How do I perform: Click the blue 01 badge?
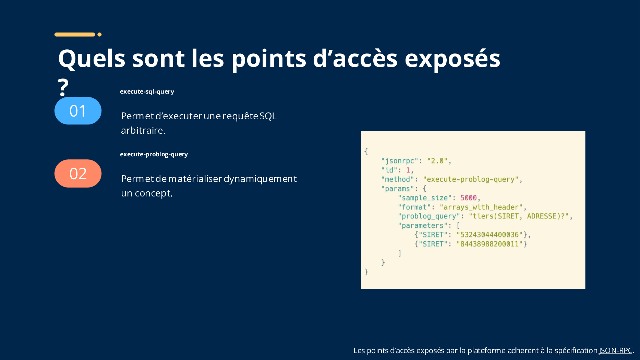[x=78, y=111]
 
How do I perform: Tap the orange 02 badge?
[x=78, y=173]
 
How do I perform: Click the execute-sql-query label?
[x=147, y=92]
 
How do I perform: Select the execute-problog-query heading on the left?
[x=154, y=154]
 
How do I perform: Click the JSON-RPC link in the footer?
[x=616, y=350]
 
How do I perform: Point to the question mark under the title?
[x=63, y=87]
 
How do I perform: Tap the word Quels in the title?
[x=92, y=58]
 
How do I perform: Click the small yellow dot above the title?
[x=99, y=34]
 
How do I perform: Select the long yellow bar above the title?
[x=75, y=34]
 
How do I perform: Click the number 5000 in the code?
[x=468, y=198]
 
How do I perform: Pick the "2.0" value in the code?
[x=437, y=161]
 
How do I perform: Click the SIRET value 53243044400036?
[x=490, y=235]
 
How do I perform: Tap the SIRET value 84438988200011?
[x=490, y=244]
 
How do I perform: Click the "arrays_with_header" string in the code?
[x=481, y=207]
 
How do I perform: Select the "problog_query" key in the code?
[x=429, y=216]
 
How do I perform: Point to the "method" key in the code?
[x=398, y=179]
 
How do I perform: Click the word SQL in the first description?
[x=268, y=116]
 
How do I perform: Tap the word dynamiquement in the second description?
[x=260, y=179]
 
